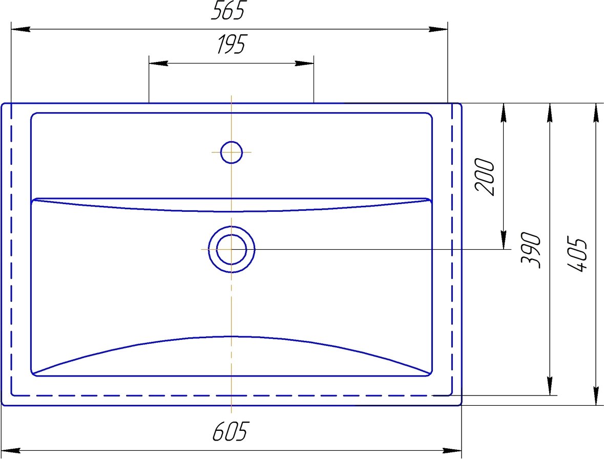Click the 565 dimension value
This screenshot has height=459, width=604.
click(x=227, y=10)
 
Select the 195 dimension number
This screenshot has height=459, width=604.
click(x=231, y=44)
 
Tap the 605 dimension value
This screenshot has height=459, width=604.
click(x=231, y=431)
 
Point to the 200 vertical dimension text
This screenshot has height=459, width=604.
click(x=485, y=177)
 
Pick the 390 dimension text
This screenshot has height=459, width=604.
click(x=531, y=250)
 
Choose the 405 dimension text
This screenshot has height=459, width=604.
click(x=577, y=254)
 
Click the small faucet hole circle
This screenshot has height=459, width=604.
click(x=232, y=152)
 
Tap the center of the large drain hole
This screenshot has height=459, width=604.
click(x=232, y=249)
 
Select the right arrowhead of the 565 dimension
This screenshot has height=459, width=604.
click(x=439, y=29)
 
